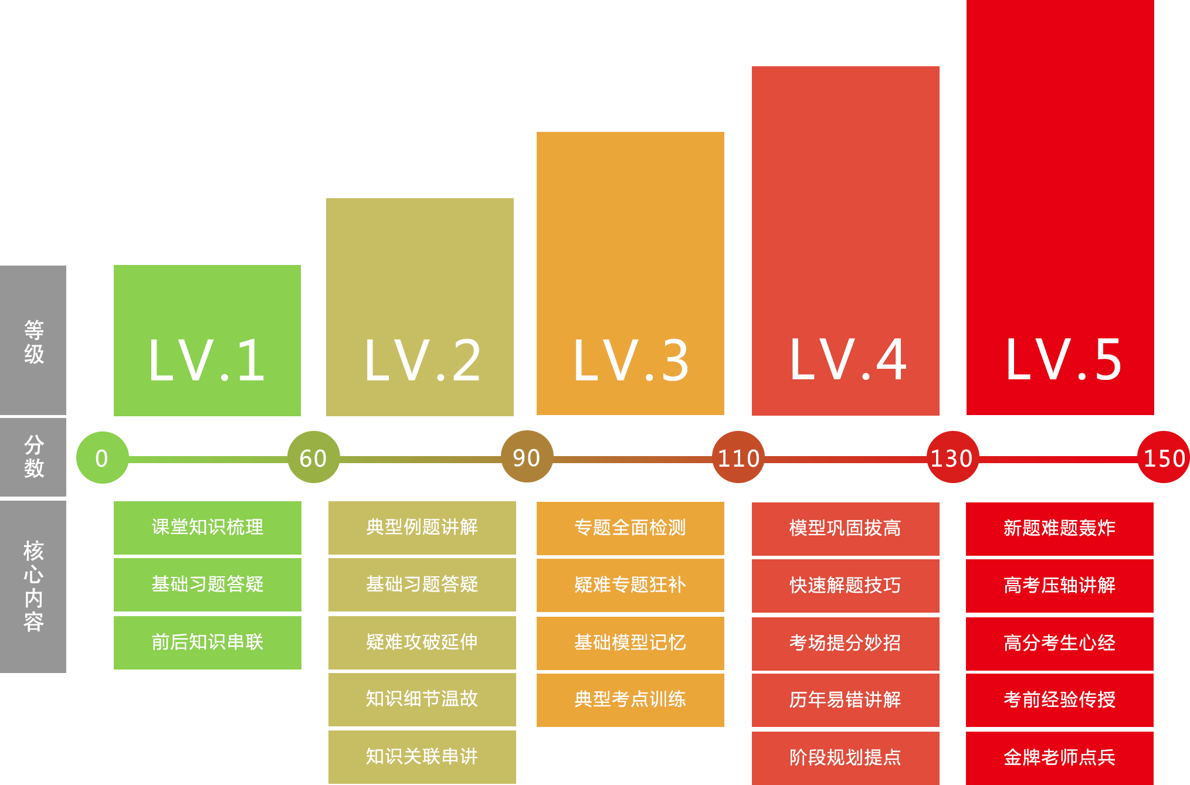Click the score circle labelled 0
(x=102, y=457)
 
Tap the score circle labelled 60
(x=314, y=457)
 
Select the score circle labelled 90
(x=527, y=457)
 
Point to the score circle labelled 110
(x=738, y=457)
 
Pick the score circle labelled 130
(x=952, y=457)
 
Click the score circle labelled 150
(x=1164, y=457)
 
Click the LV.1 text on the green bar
(x=207, y=360)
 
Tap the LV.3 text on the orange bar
(x=630, y=360)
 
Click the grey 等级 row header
(x=33, y=340)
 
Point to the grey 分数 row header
(x=33, y=457)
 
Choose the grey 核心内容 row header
(x=33, y=586)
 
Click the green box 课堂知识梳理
(x=208, y=528)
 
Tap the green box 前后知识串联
(x=208, y=643)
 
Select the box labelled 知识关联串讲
(x=422, y=757)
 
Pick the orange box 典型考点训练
(x=630, y=700)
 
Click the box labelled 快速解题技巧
(x=846, y=586)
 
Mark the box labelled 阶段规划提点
(x=846, y=758)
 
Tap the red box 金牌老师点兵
(x=1060, y=758)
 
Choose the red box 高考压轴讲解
(x=1060, y=586)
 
